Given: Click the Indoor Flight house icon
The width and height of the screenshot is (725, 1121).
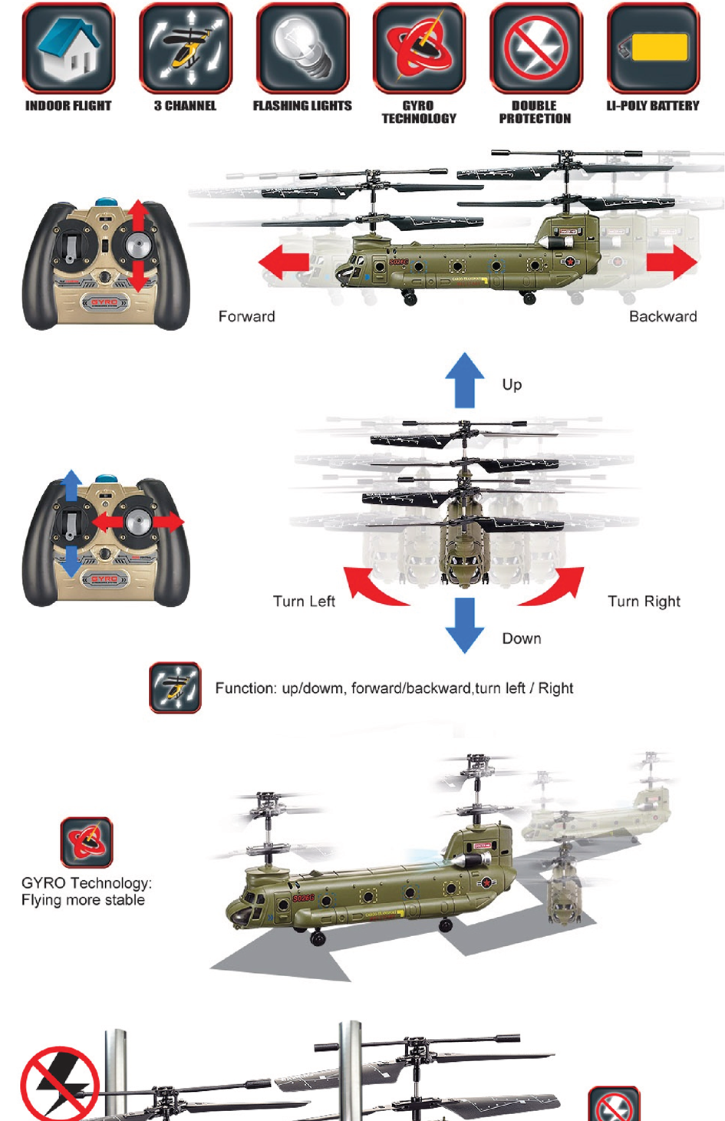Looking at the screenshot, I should tap(68, 48).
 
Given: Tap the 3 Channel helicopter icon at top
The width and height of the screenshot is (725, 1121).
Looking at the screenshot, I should tap(185, 48).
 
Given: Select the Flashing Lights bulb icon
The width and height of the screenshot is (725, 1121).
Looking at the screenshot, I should tap(302, 48).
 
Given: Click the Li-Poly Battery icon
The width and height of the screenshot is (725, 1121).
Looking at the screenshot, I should tap(653, 48).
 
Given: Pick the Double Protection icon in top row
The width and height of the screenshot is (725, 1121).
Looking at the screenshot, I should tap(536, 48).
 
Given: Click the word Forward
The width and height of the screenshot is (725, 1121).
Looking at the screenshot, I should tap(246, 316).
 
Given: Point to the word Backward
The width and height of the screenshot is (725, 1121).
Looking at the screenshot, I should tap(663, 316).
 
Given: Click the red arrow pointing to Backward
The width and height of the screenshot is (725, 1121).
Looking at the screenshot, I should tap(671, 262).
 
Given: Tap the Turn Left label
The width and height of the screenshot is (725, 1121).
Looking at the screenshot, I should tap(304, 602).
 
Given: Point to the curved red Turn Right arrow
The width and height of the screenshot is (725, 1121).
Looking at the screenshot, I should tap(554, 587).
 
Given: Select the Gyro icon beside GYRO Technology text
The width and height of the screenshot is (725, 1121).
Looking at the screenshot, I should tap(87, 842).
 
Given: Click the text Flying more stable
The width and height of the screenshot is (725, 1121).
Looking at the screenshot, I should tap(83, 900).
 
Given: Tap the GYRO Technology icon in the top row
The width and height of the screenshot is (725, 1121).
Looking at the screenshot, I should tap(419, 48).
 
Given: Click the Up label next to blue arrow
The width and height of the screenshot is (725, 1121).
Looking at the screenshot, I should tap(512, 384).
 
